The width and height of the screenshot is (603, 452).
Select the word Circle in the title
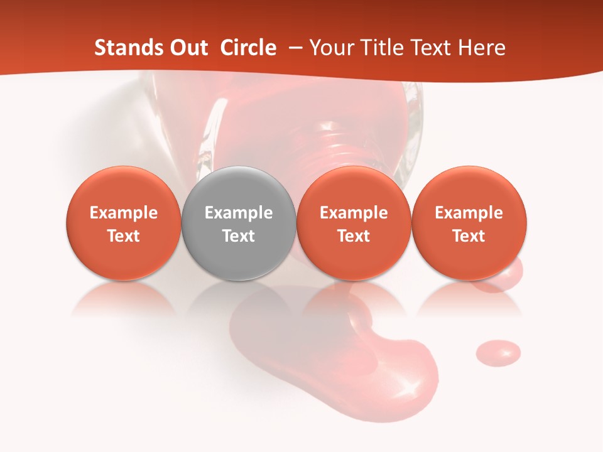point(248,48)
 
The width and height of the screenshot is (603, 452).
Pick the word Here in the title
point(482,48)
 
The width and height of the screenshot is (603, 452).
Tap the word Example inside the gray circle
point(238,213)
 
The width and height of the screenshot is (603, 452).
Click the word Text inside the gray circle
point(238,236)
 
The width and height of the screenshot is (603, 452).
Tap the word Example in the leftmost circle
point(123,213)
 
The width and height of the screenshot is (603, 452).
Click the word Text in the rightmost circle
point(469,236)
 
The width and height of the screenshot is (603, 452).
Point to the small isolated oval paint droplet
point(498,352)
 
